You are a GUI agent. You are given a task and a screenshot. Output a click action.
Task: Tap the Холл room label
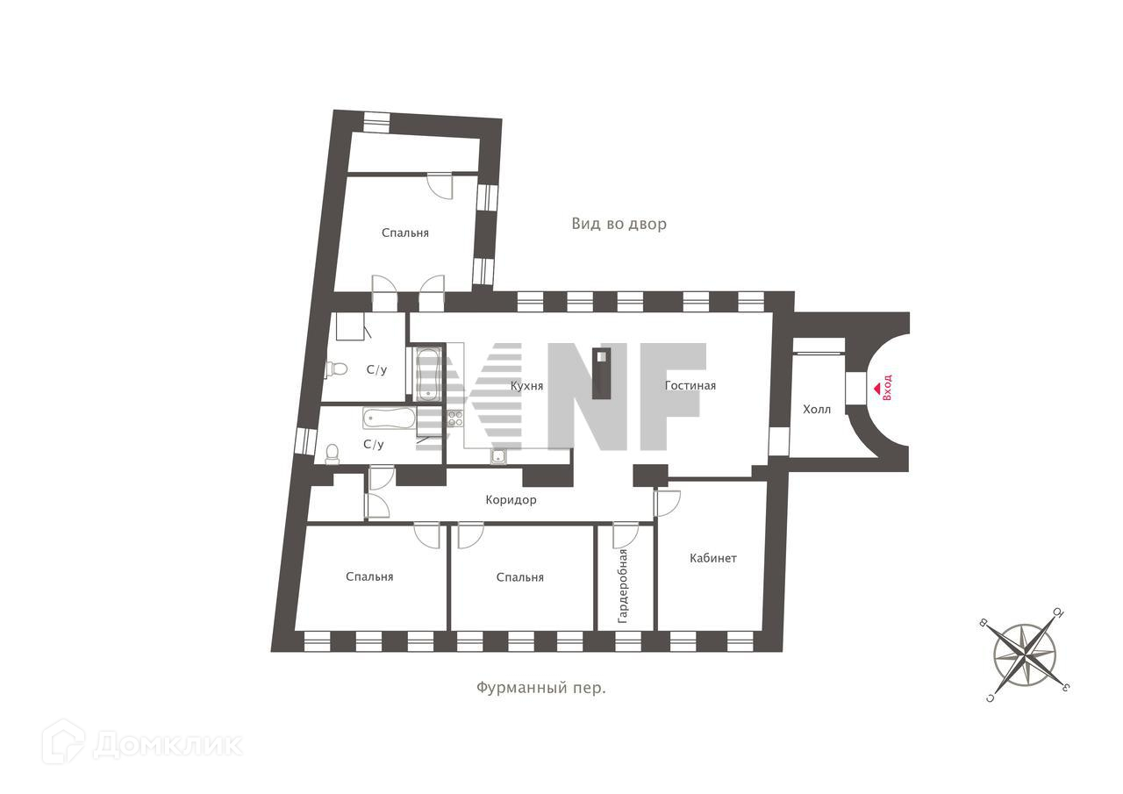[x=816, y=410]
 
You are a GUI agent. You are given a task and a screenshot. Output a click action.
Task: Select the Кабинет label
[x=712, y=558]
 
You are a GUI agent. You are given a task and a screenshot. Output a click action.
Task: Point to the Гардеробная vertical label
[x=623, y=585]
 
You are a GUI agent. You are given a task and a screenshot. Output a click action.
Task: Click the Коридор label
[x=511, y=500]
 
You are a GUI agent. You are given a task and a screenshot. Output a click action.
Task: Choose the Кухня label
[x=526, y=385]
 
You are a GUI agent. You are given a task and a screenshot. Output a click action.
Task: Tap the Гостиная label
[x=690, y=385]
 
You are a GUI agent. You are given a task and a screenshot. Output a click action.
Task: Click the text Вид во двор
[x=619, y=224]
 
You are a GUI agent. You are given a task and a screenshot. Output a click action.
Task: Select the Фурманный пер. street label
[x=541, y=688]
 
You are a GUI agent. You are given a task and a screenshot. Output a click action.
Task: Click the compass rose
[x=1024, y=655]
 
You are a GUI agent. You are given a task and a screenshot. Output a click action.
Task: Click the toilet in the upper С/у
[x=336, y=368]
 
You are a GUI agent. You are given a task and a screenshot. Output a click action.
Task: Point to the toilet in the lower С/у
[x=333, y=452]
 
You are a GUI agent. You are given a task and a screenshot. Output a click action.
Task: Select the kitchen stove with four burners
[x=454, y=418]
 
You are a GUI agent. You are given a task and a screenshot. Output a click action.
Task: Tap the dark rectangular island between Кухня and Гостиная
[x=602, y=374]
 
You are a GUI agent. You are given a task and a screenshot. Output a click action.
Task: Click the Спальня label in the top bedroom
[x=405, y=232]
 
